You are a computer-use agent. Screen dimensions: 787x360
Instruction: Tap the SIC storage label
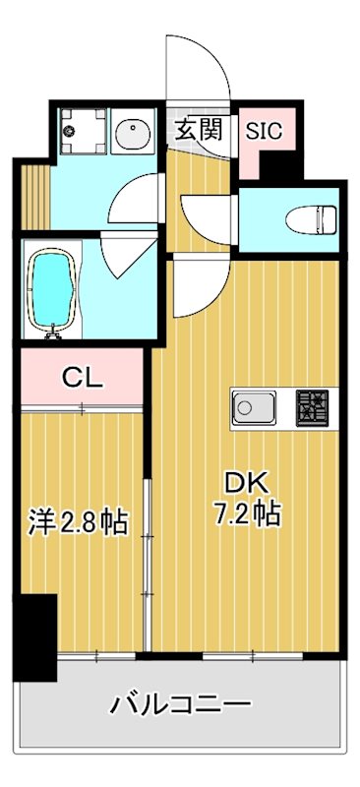[263, 129]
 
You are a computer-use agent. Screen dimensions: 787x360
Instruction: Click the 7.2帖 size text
[249, 514]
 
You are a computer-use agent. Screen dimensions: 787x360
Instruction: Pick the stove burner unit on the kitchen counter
[314, 407]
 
